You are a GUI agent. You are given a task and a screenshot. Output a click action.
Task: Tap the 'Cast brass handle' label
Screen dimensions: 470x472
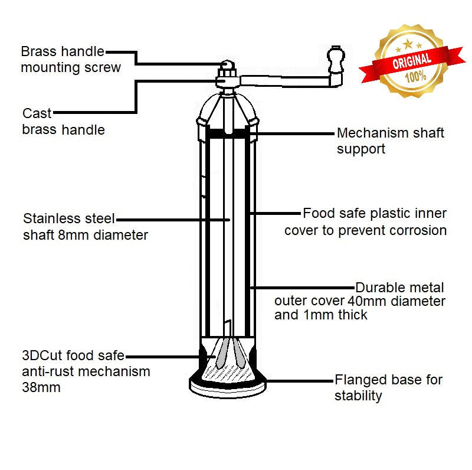coord(63,122)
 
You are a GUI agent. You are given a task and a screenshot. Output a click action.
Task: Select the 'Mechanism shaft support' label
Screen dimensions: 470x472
coord(390,141)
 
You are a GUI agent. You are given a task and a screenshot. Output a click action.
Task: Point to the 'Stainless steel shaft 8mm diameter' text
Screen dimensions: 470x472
coord(85,227)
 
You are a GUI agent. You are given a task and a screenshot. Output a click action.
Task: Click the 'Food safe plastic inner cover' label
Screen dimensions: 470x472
coord(366,221)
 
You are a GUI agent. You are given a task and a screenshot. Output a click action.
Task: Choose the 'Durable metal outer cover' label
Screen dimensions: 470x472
coord(360,301)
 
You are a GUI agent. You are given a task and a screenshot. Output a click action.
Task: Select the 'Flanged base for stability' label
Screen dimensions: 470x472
coord(388,387)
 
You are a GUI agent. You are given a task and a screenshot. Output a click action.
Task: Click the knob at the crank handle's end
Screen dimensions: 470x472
coord(336,60)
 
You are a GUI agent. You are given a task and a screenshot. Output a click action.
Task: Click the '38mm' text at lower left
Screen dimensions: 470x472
coord(41,387)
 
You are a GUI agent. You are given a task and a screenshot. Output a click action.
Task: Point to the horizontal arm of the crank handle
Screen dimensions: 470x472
coord(283,78)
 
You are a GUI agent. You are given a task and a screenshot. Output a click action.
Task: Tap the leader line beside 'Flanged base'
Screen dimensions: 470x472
coord(298,380)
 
